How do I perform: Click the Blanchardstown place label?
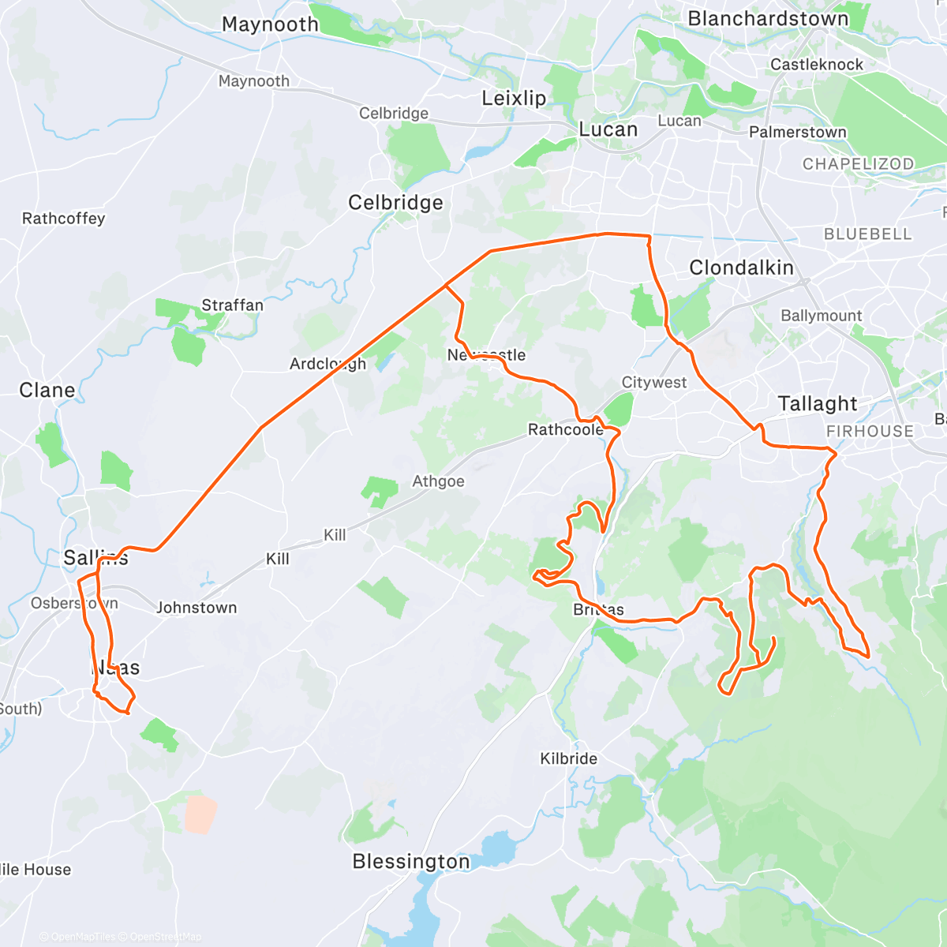click(768, 19)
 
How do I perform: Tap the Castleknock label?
click(817, 65)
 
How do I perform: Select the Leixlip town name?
click(514, 99)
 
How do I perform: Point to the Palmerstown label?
click(797, 133)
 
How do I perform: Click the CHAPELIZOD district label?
click(858, 164)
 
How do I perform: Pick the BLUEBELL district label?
click(867, 234)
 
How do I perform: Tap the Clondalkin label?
click(741, 268)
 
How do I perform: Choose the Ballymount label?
click(821, 316)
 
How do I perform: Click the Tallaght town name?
click(817, 404)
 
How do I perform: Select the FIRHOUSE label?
click(870, 432)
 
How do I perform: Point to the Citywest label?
click(654, 383)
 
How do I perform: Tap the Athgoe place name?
click(438, 481)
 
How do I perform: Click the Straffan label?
click(232, 305)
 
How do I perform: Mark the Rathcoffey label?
click(63, 219)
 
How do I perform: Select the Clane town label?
click(47, 391)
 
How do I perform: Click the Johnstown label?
click(197, 608)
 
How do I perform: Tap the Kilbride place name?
click(568, 759)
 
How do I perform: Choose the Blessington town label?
click(410, 862)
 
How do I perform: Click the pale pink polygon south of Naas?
click(200, 814)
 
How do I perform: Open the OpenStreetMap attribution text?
click(166, 937)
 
